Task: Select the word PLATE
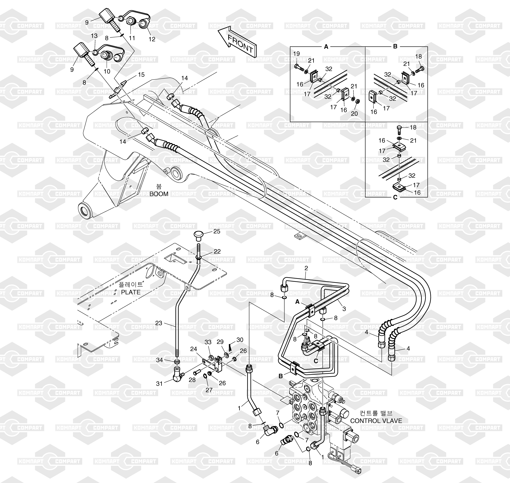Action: tap(131, 292)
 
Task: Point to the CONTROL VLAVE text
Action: tap(376, 421)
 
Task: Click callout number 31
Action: tap(160, 384)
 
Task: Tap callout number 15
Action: tap(141, 75)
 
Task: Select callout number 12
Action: tap(152, 39)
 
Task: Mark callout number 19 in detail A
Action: tap(297, 54)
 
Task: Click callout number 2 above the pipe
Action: tap(306, 268)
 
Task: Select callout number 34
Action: tap(160, 360)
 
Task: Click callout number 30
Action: tap(240, 340)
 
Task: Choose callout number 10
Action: tap(107, 71)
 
